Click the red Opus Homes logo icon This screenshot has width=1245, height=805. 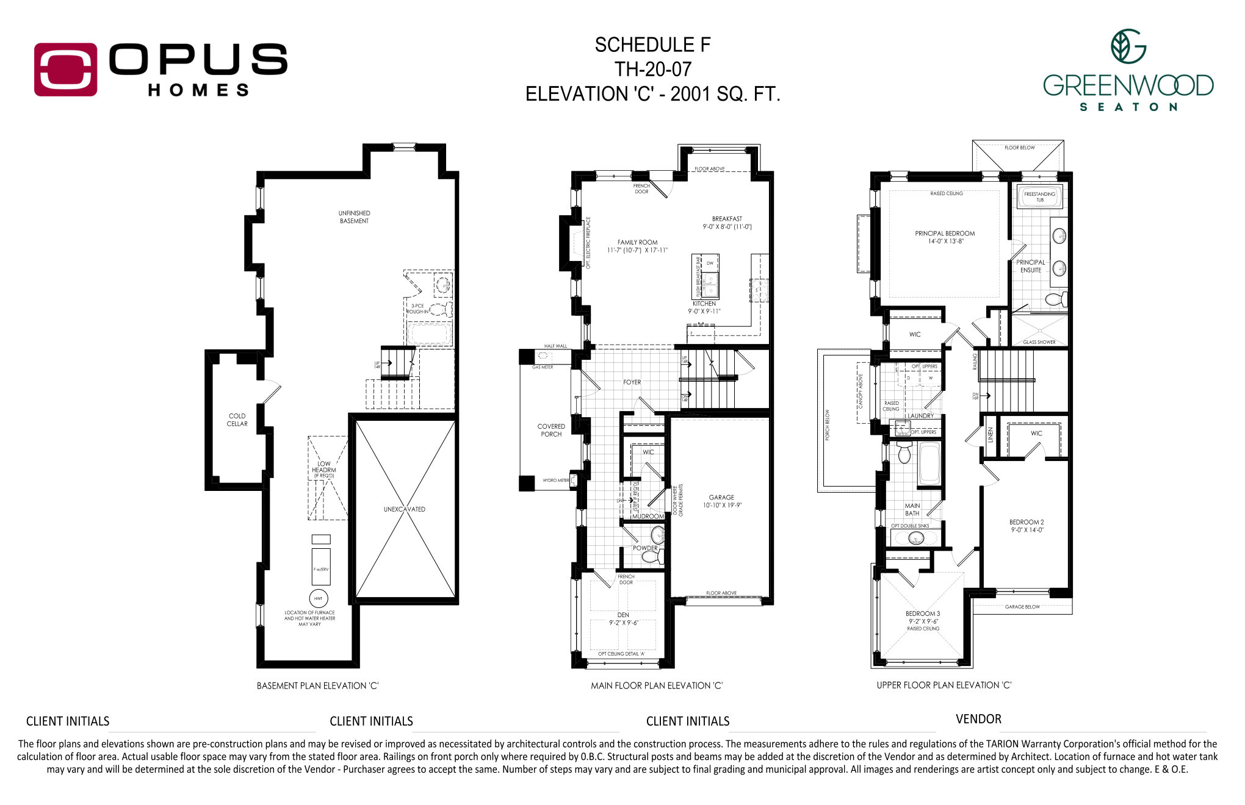(x=65, y=70)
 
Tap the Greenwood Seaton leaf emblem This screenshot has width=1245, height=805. (x=1127, y=46)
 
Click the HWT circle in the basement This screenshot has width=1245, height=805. (x=318, y=598)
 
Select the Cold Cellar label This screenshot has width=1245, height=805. (x=237, y=420)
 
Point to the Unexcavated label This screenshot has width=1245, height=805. (x=404, y=509)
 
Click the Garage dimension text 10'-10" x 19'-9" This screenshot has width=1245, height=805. (x=721, y=505)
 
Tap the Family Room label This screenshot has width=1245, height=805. (x=637, y=242)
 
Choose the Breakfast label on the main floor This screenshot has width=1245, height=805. (x=727, y=218)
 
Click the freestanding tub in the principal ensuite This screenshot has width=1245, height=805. (x=1039, y=197)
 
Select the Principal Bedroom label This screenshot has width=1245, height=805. (x=945, y=234)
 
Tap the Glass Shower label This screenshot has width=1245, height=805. (x=1039, y=342)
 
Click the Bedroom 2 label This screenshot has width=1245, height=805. (x=1027, y=522)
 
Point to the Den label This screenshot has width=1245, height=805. (x=623, y=615)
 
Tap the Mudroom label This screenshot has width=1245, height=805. (x=648, y=516)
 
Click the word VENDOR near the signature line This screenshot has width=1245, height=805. (x=978, y=719)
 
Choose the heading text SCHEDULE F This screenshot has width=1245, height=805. (x=652, y=45)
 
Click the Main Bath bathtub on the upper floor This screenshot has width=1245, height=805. (x=929, y=463)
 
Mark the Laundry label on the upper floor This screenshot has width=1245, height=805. (x=920, y=416)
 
